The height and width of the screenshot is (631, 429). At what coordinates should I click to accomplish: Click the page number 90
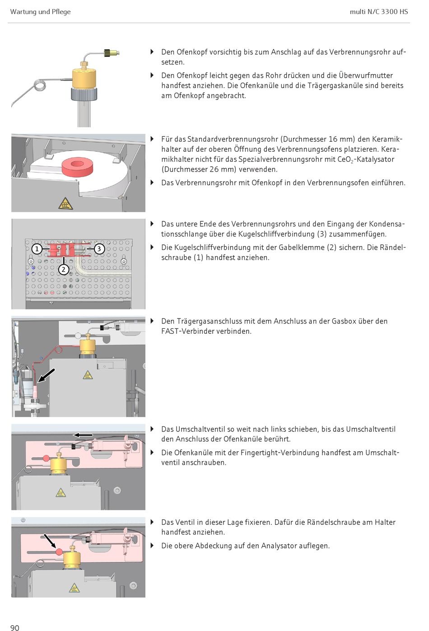pos(15,627)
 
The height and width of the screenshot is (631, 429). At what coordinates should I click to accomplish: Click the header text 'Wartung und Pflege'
pos(40,12)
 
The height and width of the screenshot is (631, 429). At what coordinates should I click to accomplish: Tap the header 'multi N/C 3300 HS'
pos(378,12)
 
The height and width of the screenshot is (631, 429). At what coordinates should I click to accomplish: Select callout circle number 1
pos(37,249)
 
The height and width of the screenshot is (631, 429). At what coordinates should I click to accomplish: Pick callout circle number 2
pos(64,270)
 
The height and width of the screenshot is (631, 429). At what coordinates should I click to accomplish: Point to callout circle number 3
pos(99,249)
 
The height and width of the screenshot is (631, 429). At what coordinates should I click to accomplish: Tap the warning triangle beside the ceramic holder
pos(65,204)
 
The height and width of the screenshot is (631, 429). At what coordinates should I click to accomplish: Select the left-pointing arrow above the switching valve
pos(83,435)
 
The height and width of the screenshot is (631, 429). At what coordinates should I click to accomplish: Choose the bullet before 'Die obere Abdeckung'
pos(152,546)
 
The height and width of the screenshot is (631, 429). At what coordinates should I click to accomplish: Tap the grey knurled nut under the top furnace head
pos(84,94)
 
